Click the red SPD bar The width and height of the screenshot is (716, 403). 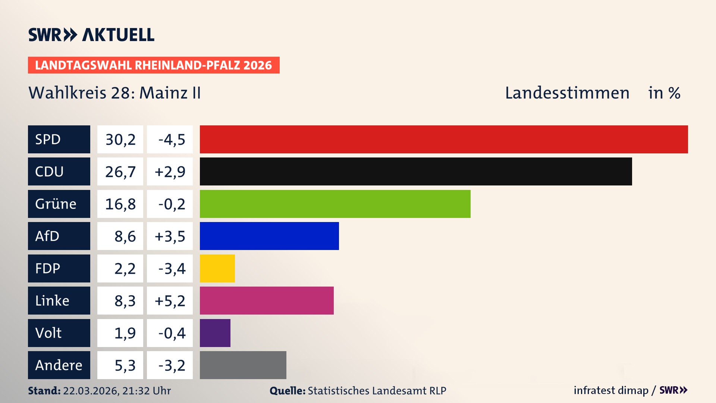444,139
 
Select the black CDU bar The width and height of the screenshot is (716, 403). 416,171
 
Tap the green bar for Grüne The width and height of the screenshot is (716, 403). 335,204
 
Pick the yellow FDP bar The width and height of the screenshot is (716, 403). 217,268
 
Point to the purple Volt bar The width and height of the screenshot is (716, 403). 215,333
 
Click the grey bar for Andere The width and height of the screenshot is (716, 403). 243,365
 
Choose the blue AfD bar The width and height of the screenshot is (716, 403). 269,236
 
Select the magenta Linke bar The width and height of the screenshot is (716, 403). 267,300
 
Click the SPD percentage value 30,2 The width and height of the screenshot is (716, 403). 120,140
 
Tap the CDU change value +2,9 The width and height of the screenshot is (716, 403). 170,172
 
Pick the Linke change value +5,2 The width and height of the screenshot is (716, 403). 170,301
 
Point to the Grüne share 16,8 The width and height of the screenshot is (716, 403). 120,204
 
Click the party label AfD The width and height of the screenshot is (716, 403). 47,236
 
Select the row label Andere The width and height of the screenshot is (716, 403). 59,365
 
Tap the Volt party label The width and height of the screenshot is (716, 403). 48,333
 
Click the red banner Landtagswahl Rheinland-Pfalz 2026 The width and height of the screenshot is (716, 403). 154,65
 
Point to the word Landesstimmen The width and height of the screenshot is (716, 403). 567,93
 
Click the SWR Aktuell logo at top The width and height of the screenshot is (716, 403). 91,35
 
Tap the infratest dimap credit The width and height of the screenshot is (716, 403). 610,390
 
